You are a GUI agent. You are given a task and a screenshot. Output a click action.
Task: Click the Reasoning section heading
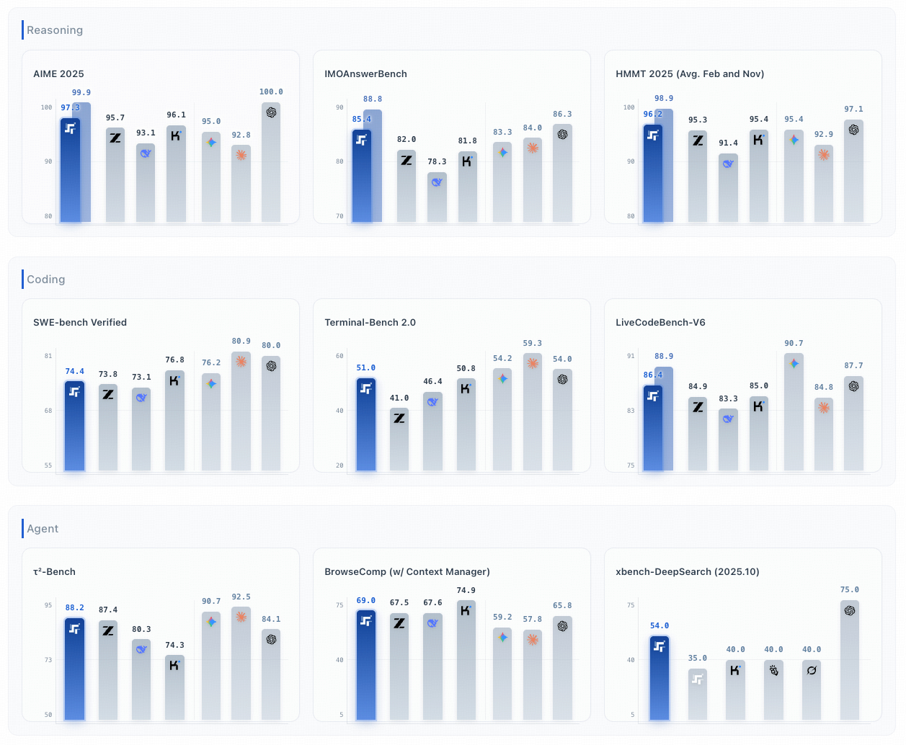[x=55, y=30]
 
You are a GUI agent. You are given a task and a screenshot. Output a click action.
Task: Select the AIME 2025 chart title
[x=58, y=74]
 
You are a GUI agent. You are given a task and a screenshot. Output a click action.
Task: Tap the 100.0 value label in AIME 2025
[x=271, y=92]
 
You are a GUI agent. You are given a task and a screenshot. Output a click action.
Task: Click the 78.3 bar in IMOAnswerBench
[x=437, y=198]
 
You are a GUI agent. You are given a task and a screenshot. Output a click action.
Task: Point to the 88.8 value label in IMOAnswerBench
[x=373, y=99]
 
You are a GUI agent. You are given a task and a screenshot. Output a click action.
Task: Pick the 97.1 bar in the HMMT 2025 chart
[x=853, y=173]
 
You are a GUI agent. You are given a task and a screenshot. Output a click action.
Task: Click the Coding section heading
[x=45, y=280]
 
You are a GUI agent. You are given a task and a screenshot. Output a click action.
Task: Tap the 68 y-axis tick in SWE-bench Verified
[x=48, y=411]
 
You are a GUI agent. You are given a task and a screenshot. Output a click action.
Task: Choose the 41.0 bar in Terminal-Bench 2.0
[x=399, y=440]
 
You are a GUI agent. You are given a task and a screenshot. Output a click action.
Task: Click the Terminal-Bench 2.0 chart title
[x=370, y=323]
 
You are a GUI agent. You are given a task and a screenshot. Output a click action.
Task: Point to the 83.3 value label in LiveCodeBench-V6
[x=728, y=399]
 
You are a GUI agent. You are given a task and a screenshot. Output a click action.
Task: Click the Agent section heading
[x=43, y=529]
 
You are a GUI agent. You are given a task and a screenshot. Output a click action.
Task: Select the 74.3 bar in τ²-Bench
[x=174, y=688]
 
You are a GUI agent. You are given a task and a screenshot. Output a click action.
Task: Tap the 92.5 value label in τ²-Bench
[x=241, y=597]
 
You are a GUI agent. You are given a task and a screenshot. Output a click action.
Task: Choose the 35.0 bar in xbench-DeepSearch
[x=697, y=695]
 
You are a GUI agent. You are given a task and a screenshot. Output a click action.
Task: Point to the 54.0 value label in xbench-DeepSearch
[x=659, y=626]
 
